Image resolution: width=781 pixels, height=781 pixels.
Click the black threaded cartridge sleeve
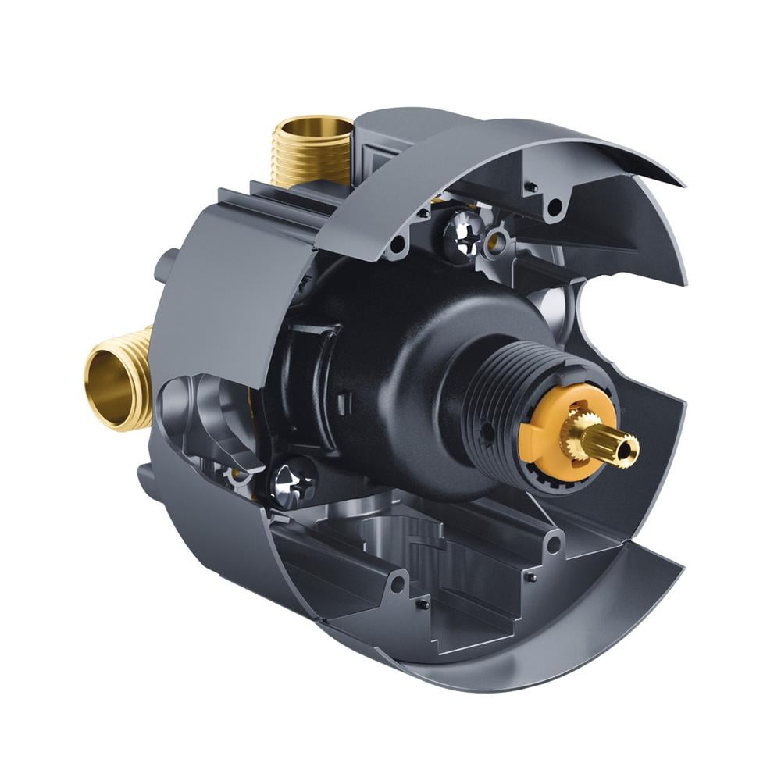click(492, 390)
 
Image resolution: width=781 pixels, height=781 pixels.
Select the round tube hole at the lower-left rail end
click(398, 582)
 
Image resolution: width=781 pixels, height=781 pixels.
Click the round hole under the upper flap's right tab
click(556, 207)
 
